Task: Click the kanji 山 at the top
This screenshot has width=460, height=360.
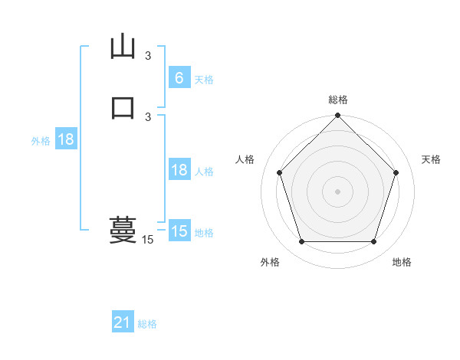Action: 123,46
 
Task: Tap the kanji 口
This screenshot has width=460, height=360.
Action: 123,106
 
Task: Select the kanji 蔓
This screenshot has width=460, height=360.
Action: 123,229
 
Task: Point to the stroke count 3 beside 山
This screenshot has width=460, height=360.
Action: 148,55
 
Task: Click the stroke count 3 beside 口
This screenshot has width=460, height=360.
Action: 148,116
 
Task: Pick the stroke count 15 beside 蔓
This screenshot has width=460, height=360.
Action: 148,240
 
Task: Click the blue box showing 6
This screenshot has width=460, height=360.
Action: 179,78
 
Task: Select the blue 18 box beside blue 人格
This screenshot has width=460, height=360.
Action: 179,170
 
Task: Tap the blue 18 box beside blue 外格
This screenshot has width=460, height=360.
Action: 65,139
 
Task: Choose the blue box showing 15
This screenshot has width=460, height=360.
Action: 179,231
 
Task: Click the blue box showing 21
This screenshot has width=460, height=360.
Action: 122,322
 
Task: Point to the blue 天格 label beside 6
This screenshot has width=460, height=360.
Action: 204,79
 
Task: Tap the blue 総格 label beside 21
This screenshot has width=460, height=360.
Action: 147,324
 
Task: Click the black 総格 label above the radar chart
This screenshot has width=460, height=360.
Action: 337,100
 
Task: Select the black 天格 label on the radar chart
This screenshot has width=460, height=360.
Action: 432,159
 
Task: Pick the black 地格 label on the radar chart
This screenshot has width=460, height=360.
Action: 402,262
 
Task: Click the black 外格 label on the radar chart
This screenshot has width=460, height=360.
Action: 270,262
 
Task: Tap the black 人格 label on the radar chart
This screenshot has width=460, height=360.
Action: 245,159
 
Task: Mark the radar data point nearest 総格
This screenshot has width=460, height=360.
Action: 337,116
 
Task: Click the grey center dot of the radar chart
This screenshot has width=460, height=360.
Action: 337,191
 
